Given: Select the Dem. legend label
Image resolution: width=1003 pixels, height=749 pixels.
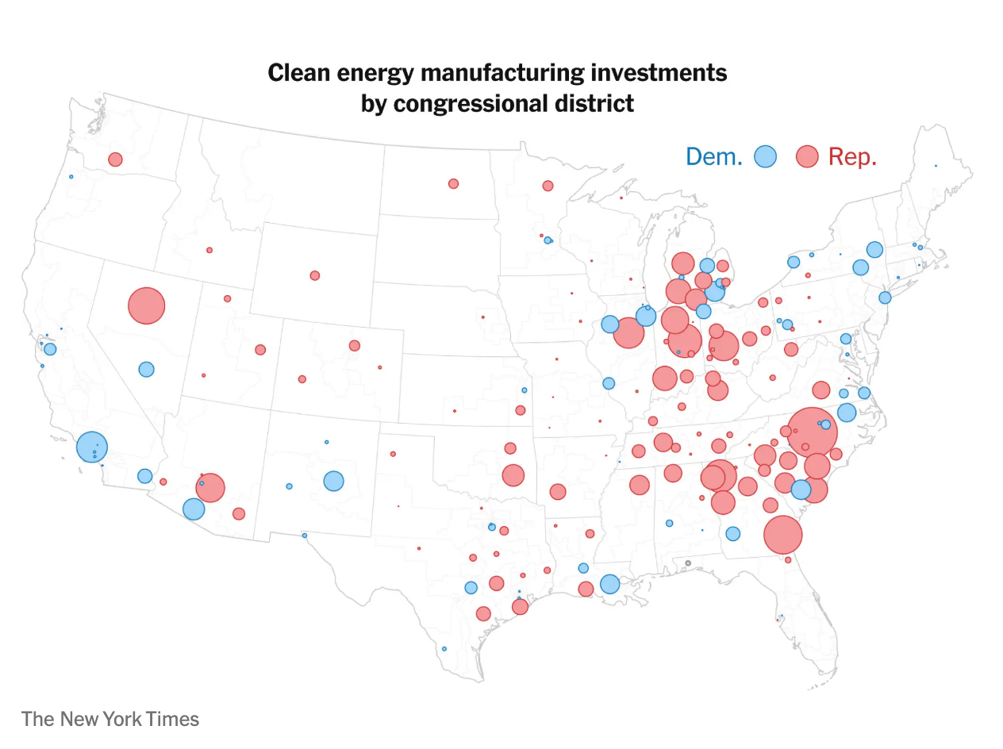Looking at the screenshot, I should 713,156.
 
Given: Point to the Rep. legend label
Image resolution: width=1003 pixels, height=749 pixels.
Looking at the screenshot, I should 852,156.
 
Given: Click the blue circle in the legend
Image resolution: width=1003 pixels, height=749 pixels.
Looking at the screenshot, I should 765,156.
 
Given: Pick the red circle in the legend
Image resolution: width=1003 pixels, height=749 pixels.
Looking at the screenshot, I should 807,156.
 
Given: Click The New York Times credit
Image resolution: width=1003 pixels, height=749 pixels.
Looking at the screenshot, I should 110,719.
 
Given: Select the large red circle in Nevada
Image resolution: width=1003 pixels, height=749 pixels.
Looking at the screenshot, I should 146,305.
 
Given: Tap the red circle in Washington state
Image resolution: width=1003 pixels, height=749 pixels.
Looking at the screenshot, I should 115,159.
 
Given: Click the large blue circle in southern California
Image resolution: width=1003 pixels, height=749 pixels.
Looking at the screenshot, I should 92,447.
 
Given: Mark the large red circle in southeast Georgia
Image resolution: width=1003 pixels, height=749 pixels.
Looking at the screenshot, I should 782,535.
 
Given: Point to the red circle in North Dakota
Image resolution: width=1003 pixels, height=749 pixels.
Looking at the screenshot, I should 453,183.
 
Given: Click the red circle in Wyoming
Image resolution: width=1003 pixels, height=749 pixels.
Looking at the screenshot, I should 315,275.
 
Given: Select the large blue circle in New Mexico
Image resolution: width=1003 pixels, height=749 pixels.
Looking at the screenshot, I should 333,481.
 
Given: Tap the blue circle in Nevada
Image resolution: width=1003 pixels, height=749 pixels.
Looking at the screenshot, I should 146,369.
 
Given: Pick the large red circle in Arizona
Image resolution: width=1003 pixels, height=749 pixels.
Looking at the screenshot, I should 210,487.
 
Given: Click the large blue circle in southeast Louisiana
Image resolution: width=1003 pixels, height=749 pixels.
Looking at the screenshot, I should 609,584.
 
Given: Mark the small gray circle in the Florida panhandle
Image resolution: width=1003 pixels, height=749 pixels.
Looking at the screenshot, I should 688,563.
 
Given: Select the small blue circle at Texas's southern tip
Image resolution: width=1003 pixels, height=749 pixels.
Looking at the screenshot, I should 444,648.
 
